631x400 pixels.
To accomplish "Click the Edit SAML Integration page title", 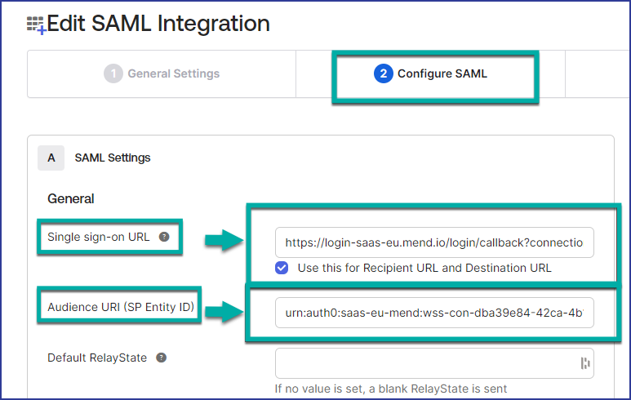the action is click(158, 24).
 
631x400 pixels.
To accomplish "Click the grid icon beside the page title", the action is click(36, 25).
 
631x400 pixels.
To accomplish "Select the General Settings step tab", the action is click(162, 73).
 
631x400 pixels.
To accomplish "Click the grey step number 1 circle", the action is click(113, 73).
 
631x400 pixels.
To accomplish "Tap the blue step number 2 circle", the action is click(383, 73).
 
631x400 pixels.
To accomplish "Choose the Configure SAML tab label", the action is click(442, 73).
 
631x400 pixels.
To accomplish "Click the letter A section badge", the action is click(51, 158).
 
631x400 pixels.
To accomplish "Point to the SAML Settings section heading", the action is click(113, 158).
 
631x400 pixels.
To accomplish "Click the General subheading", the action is click(71, 199).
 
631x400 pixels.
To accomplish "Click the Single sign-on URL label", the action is click(99, 237).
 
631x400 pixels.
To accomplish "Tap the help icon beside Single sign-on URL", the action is click(164, 237).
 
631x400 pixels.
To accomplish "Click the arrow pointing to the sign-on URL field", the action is click(224, 241).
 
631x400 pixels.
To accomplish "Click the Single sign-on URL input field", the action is click(434, 242).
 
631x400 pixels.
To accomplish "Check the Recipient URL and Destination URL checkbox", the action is click(282, 268).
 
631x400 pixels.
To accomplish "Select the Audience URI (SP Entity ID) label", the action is click(121, 307).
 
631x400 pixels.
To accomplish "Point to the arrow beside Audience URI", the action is click(224, 312).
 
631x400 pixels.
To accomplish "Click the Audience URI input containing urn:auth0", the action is click(434, 313).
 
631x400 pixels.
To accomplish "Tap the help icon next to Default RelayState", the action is click(162, 358).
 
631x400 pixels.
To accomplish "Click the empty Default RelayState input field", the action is click(434, 363).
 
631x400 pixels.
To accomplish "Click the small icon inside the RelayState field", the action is click(585, 363).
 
